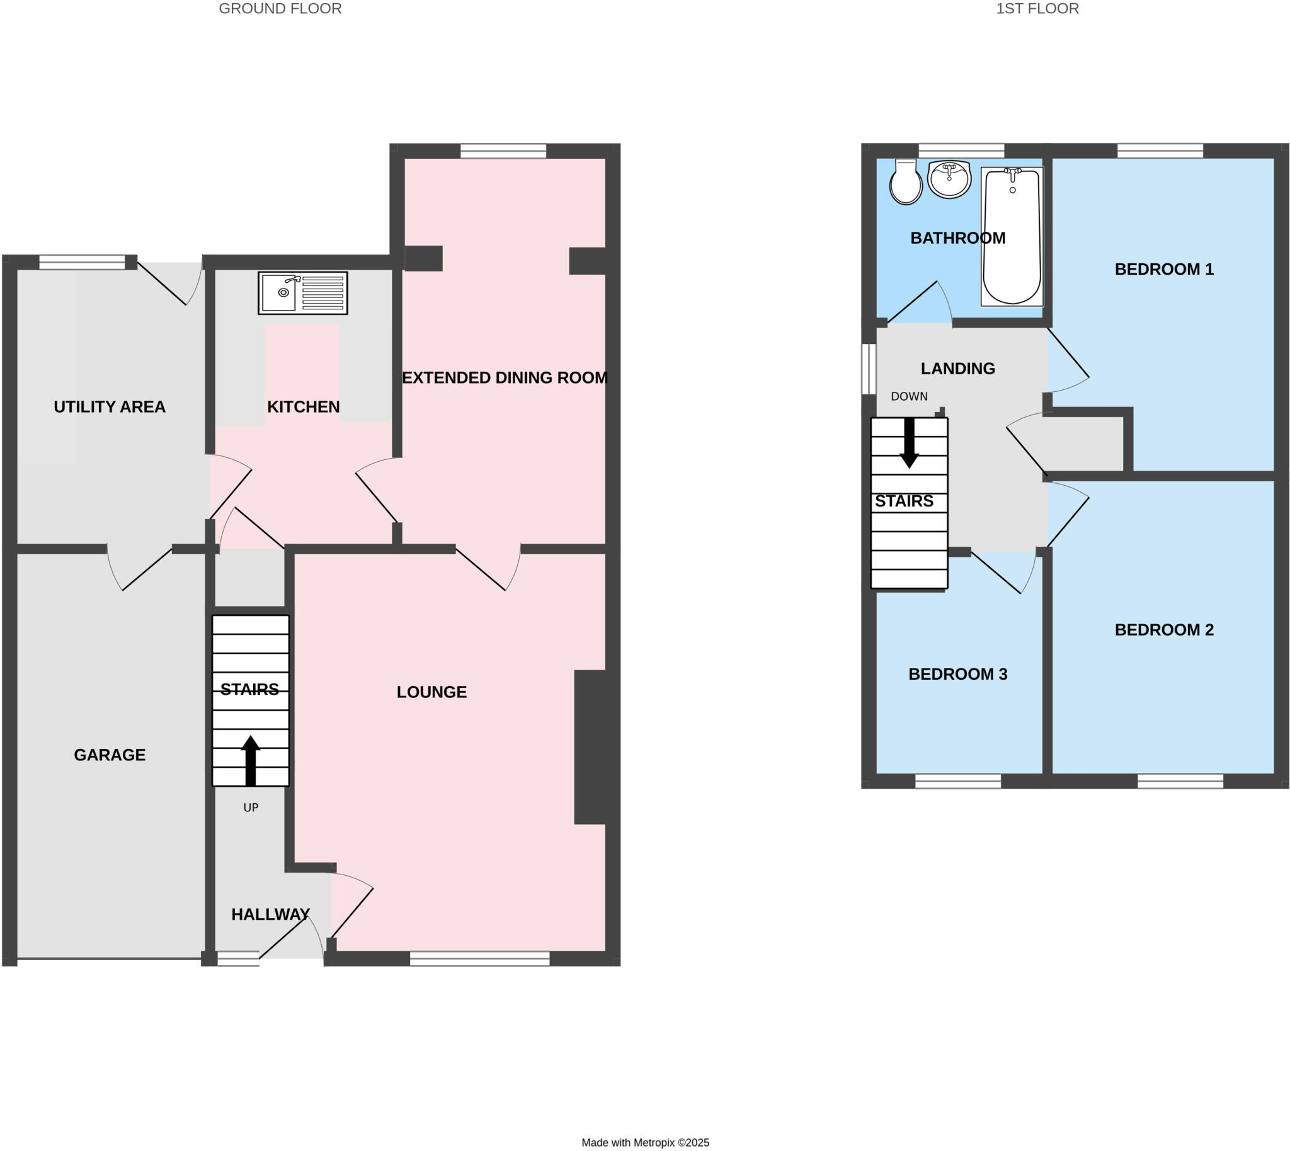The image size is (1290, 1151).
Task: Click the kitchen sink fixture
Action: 302,293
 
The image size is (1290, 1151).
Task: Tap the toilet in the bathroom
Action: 906,183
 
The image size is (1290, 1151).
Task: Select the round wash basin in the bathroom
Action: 949,179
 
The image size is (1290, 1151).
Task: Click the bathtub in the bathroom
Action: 1012,237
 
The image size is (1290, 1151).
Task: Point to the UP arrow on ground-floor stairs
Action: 251,760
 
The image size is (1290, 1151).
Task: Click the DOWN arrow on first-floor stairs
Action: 909,442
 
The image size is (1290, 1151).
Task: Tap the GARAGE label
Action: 110,755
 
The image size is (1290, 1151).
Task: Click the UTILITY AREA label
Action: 110,406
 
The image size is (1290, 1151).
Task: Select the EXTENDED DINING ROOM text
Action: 505,377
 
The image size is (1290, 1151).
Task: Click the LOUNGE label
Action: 431,692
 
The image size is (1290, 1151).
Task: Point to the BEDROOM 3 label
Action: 957,674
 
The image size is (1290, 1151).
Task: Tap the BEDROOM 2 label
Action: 1163,629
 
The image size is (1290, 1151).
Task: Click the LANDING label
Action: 957,368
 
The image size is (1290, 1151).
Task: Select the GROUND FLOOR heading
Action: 280,9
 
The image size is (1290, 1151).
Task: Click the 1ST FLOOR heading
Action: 1037,9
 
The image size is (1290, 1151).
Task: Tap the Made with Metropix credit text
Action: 645,1143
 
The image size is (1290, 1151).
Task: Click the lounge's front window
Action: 479,959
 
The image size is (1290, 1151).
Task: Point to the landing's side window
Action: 869,369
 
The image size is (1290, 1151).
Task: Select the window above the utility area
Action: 82,262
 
